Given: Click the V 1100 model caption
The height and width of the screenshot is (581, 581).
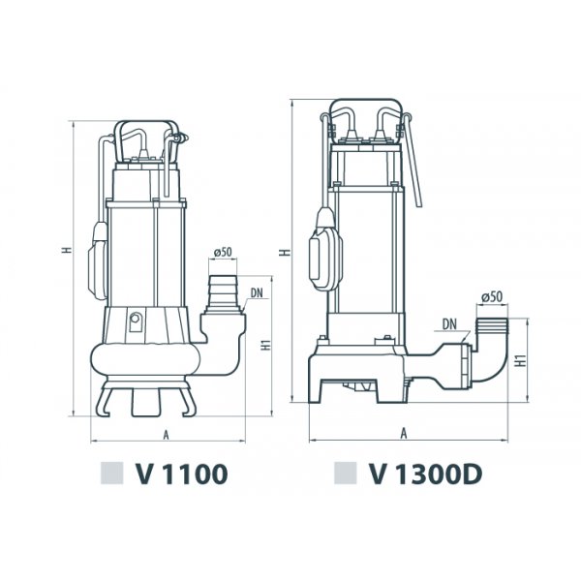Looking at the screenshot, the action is click(x=181, y=474).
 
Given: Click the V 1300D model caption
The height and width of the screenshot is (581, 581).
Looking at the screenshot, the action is click(x=425, y=474).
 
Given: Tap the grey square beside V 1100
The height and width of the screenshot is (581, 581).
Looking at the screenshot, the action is click(x=111, y=474).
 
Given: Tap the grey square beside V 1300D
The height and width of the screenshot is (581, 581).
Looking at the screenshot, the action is click(x=345, y=474).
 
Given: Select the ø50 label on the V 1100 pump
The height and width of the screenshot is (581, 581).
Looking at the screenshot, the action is click(x=223, y=253).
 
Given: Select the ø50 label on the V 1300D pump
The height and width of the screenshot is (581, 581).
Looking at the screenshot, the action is click(x=492, y=297).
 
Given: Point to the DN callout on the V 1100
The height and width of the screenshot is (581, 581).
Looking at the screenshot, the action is click(x=257, y=293).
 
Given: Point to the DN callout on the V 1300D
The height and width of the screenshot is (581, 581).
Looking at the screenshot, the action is click(x=449, y=324).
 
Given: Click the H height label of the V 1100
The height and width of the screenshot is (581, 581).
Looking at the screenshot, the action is click(x=66, y=250).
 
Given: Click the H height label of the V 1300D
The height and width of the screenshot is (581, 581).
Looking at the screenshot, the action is click(x=285, y=253).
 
